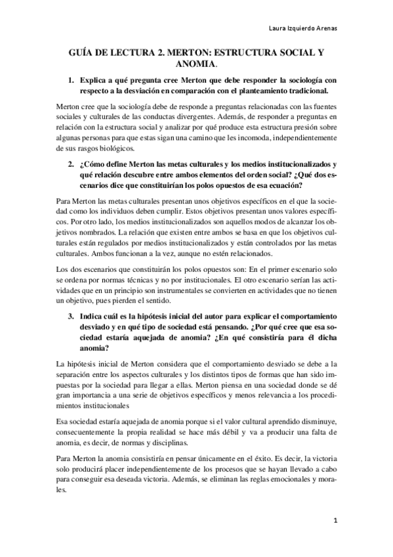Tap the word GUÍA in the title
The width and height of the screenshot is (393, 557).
[x=83, y=51]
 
